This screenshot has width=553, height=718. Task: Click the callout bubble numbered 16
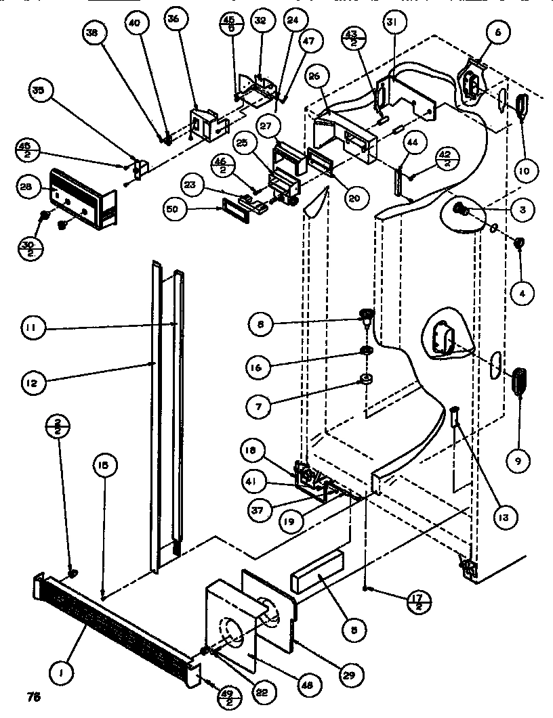pos(261,367)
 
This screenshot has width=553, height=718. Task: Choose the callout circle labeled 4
pos(523,293)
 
